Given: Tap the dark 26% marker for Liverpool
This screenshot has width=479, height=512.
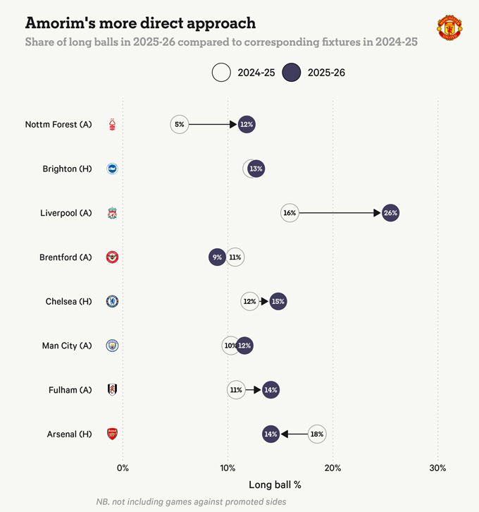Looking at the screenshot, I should (x=390, y=213).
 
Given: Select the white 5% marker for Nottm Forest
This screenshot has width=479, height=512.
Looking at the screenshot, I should (x=180, y=125).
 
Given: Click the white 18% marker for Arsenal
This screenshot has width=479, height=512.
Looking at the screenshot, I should (x=317, y=434).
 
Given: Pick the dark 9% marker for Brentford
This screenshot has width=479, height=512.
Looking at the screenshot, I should (x=218, y=257).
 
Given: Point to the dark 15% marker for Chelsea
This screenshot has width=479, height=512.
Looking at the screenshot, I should (x=278, y=302).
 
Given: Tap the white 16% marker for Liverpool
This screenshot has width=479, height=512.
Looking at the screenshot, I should (x=290, y=213).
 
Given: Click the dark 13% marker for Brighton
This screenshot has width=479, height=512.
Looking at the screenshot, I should (x=256, y=169).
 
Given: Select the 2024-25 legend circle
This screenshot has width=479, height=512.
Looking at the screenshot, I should (x=222, y=73).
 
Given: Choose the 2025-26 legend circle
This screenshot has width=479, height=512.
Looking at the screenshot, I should (x=291, y=73).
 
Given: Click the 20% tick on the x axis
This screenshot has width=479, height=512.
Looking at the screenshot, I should (x=332, y=468).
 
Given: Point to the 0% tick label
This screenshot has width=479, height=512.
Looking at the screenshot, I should (x=123, y=468).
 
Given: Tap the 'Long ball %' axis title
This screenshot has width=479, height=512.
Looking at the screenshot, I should (x=275, y=485).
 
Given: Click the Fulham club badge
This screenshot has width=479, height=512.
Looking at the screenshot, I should (x=112, y=390).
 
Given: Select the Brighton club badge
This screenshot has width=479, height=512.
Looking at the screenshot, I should (x=112, y=169).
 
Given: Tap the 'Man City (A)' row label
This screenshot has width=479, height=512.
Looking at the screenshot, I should (x=67, y=346).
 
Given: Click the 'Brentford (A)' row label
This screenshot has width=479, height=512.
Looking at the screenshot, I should (x=66, y=257).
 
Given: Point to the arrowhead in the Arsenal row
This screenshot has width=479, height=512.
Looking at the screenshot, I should (x=284, y=434).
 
